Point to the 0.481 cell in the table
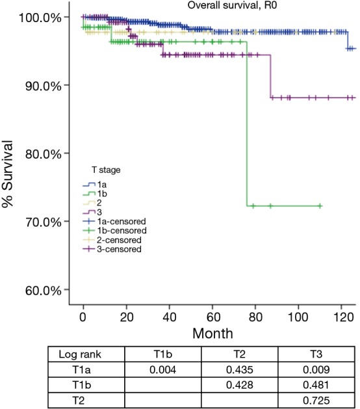coord(316,386)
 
